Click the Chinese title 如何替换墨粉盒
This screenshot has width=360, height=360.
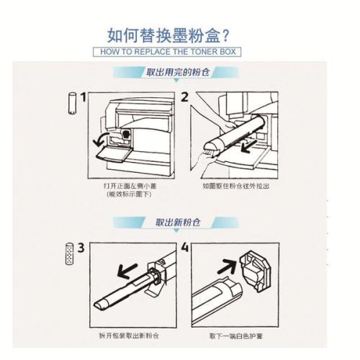[x=163, y=35]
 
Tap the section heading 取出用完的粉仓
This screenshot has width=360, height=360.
[x=178, y=72]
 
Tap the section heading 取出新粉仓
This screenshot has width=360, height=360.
[x=178, y=222]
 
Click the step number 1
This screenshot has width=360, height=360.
[x=83, y=97]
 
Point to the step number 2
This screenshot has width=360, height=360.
[x=184, y=97]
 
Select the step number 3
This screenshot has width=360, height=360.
[x=81, y=248]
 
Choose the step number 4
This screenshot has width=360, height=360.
[x=185, y=248]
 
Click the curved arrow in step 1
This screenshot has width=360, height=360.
[x=99, y=139]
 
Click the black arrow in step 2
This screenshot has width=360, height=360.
[x=248, y=146]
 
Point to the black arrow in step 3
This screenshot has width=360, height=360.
[x=127, y=271]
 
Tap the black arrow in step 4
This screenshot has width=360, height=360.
[x=227, y=267]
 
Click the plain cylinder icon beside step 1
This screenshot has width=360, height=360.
[x=72, y=103]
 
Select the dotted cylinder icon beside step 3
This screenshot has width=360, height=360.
[x=69, y=253]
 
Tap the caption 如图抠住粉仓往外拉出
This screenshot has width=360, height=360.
[x=235, y=186]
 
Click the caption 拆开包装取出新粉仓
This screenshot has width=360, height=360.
[x=129, y=336]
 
